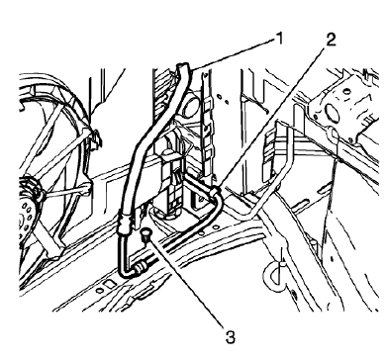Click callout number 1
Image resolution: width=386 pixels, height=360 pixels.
pos(280,40)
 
